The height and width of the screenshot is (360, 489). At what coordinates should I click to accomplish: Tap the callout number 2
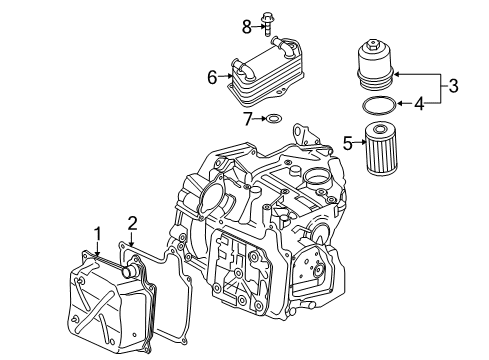pos(132,223)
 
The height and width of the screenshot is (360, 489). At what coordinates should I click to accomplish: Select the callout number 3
pos(453,86)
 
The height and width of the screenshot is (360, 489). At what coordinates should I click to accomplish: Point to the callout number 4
pos(420,104)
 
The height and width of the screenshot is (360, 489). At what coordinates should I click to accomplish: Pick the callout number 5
pos(348,143)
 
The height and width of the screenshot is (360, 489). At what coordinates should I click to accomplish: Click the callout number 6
pos(212,78)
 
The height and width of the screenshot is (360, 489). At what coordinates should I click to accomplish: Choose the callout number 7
pos(247,119)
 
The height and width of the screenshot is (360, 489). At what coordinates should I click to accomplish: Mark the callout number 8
pos(247,27)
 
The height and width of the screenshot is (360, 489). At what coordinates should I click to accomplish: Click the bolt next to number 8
pos(267,24)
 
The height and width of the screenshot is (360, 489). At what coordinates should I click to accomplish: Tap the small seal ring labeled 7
pos(274,119)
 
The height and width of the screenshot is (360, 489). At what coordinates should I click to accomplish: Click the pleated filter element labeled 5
pos(381,148)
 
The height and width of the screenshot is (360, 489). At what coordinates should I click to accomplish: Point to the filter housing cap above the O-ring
pos(375,65)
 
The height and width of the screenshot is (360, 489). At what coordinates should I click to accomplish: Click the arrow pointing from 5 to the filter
pos(359,143)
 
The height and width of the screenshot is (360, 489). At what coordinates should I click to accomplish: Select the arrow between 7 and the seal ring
pos(259,118)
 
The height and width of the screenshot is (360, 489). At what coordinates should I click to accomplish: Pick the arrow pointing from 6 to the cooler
pos(225,76)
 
